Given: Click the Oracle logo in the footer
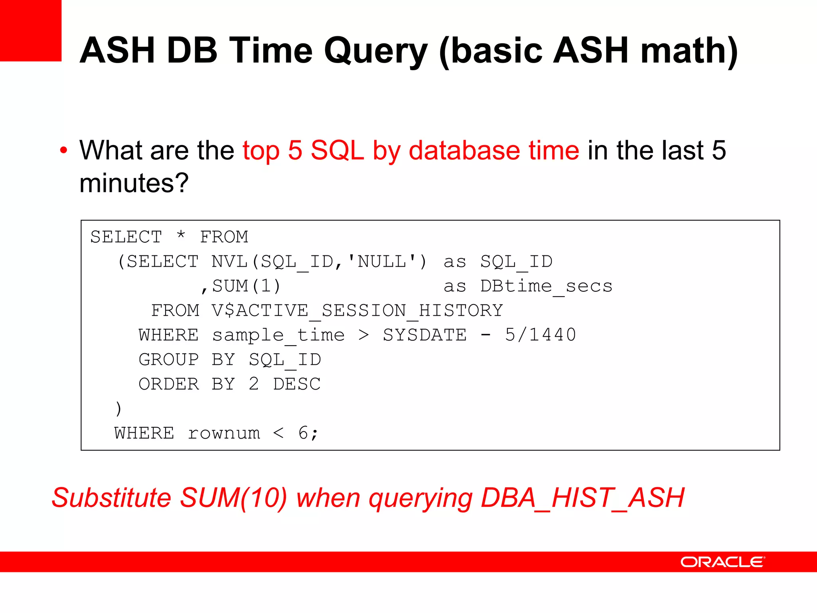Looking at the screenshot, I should point(722,562).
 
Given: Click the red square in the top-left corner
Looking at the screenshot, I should point(30,30).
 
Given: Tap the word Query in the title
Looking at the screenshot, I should point(376,51).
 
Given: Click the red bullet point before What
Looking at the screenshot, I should point(63,151).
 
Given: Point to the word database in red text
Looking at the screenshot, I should point(464,150).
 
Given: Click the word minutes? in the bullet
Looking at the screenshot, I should point(134,183).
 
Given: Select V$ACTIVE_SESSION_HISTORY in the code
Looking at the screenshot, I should point(357,310).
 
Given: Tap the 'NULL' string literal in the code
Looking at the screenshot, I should point(382,262).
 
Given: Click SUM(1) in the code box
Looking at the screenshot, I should point(246,286).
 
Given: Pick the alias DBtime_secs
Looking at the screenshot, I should point(546,286).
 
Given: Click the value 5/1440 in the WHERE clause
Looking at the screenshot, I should point(540,335).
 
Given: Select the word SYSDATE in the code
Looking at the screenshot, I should point(424,335).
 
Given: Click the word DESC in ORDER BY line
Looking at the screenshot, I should point(297,384).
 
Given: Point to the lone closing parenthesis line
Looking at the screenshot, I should point(118,408).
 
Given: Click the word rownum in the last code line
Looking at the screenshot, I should point(224,433).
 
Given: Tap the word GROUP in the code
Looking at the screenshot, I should point(168,360).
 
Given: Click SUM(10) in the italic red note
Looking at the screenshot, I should point(233,498).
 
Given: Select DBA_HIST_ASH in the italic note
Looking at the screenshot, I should point(582,498).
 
